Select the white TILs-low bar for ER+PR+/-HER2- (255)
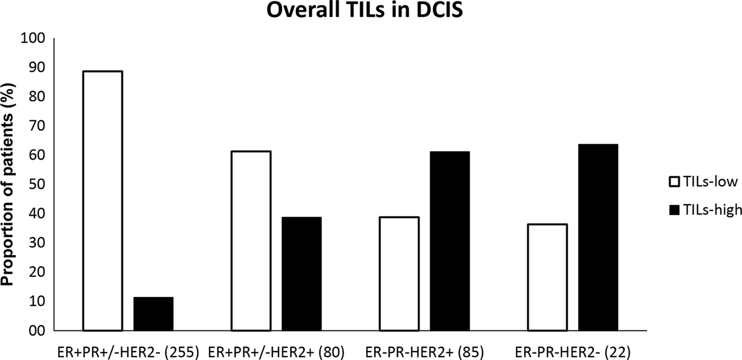click(103, 201)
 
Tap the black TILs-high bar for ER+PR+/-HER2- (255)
click(153, 314)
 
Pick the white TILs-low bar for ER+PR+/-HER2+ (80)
click(251, 241)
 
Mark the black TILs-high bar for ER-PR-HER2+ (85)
click(449, 241)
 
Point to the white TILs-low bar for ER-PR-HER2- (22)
click(547, 277)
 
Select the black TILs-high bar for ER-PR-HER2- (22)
click(598, 237)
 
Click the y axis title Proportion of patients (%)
click(9, 184)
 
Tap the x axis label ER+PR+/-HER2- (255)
click(128, 352)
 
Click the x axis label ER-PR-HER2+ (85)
click(424, 352)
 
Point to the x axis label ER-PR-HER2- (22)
click(572, 352)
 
